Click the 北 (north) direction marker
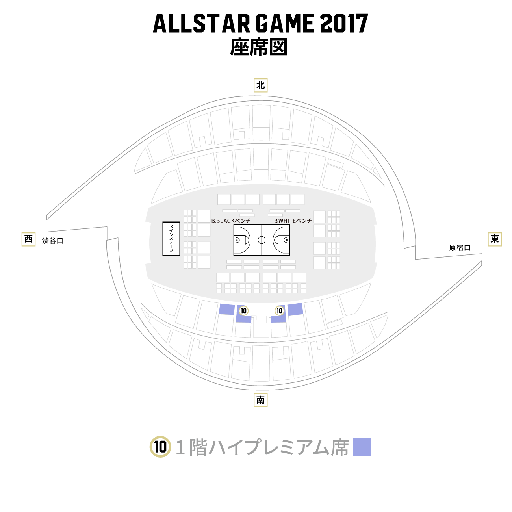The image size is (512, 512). (x=260, y=85)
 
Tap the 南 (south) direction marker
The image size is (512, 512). (x=260, y=400)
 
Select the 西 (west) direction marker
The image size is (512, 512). (x=28, y=239)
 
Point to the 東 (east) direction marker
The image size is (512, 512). (x=494, y=239)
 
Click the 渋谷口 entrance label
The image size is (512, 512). (x=53, y=241)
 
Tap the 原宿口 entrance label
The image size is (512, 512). (x=460, y=248)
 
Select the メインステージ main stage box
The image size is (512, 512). (x=171, y=239)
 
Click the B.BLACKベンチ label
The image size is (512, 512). (x=231, y=221)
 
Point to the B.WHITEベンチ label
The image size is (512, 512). (x=293, y=221)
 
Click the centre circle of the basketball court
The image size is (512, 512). (x=262, y=240)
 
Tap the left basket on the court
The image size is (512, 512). (x=237, y=240)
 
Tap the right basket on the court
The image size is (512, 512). (x=286, y=240)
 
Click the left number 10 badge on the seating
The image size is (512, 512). (x=244, y=311)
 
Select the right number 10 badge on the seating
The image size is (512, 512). (x=280, y=311)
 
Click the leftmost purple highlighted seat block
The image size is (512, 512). (x=226, y=309)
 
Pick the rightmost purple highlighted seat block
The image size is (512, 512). (x=295, y=309)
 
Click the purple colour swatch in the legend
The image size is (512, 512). (x=362, y=447)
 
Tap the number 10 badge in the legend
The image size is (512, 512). (x=160, y=447)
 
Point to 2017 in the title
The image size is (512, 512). (x=344, y=24)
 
